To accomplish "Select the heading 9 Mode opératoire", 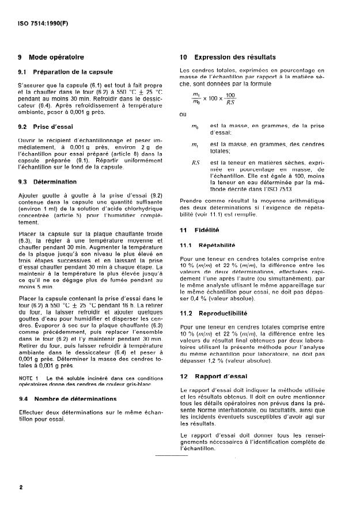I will pos(51,57).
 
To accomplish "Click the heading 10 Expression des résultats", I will pos(227,57).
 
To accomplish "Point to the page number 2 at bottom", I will pos(21,488).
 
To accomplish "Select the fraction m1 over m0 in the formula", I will pos(197,98).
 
